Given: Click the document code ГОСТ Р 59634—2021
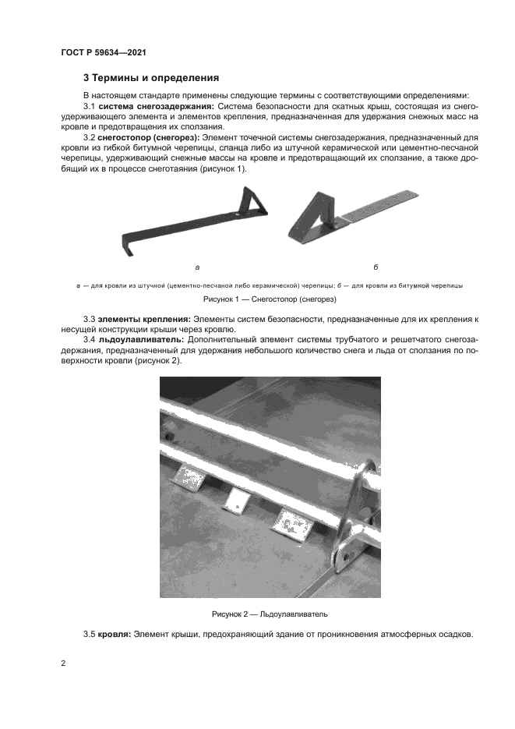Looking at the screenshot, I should [104, 52].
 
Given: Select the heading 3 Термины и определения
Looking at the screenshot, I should [151, 78].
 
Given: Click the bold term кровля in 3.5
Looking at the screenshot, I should [113, 635].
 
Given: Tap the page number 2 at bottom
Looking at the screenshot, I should [63, 664].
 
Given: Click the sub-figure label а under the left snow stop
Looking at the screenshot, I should [196, 267].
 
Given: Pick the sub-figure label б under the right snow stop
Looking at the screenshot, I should [376, 267].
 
